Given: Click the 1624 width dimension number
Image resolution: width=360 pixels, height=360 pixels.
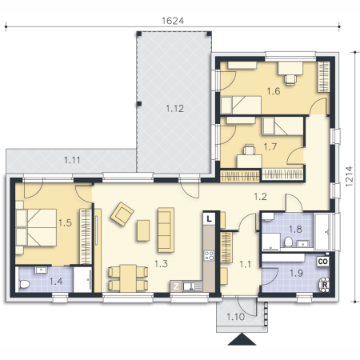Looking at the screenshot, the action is click(173, 21).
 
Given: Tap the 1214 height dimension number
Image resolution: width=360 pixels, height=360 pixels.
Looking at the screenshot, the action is click(349, 176).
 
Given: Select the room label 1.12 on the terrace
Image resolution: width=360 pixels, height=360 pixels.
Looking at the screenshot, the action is click(174, 109).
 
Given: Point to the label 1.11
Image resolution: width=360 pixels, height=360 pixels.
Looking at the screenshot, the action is click(72, 160).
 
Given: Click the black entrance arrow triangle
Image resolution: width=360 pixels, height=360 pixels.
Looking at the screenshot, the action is click(242, 339).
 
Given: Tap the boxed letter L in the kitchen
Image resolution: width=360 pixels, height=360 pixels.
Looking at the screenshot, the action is click(210, 218).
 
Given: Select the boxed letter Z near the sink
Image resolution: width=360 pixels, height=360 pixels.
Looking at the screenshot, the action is click(176, 286).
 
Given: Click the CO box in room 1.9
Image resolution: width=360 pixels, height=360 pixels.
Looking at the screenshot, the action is click(322, 262).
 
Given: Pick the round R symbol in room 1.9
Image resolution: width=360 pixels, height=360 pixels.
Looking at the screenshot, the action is click(324, 285).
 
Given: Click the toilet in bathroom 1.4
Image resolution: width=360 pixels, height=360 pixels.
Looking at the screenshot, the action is click(24, 284).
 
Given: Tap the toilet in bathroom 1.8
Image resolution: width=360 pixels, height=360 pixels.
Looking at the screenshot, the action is click(288, 242).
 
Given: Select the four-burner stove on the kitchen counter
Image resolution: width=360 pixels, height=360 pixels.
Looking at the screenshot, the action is click(209, 255).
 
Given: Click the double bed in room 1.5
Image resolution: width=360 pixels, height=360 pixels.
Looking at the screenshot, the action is click(36, 227).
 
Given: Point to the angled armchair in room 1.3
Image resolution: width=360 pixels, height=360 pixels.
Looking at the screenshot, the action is click(122, 214).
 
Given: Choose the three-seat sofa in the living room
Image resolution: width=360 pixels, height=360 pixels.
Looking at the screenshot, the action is click(166, 230).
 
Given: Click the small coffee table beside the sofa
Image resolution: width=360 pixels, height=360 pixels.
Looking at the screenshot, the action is click(143, 230).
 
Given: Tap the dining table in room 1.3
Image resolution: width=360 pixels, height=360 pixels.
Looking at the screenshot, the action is click(128, 278).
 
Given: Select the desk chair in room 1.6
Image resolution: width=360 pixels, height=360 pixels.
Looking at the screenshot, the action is click(290, 79).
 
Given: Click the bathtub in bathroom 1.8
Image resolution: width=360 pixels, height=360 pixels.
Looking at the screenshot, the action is click(322, 231).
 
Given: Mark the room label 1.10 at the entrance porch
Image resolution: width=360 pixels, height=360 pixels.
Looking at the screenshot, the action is click(235, 317).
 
